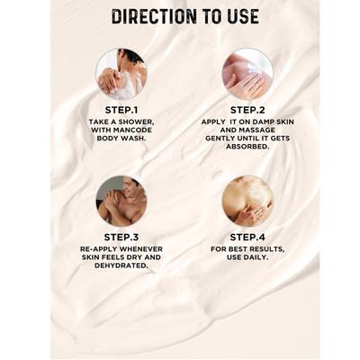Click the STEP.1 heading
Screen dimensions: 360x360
pyautogui.click(x=121, y=110)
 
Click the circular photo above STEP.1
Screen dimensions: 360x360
pyautogui.click(x=121, y=73)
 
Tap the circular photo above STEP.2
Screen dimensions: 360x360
pyautogui.click(x=247, y=73)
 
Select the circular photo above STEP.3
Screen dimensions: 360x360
pyautogui.click(x=121, y=200)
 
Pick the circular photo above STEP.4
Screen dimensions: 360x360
pyautogui.click(x=247, y=200)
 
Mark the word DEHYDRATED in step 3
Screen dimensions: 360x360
pyautogui.click(x=121, y=266)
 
